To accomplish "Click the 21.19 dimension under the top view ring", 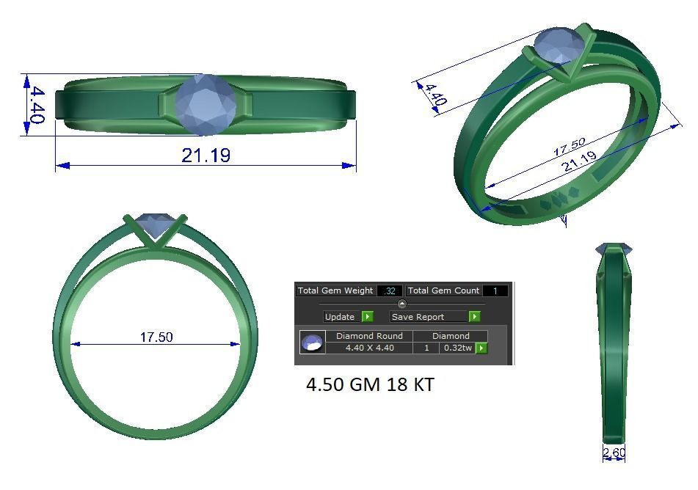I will (206, 155).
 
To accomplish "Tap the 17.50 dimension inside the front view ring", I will (156, 337).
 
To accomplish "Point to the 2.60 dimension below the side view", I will (614, 453).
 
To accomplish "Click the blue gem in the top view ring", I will (206, 104).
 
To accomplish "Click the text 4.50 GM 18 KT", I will (369, 384).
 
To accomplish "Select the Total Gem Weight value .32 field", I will (389, 291).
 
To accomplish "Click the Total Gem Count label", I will (443, 291).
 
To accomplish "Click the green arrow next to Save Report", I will (474, 317).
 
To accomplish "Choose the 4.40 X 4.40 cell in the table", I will (369, 348).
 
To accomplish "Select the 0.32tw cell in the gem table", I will (457, 348).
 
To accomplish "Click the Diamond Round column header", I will (369, 336).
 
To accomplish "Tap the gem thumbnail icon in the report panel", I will (313, 342).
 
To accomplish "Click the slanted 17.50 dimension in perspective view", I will (569, 147).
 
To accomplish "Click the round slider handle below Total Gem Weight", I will (401, 304).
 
